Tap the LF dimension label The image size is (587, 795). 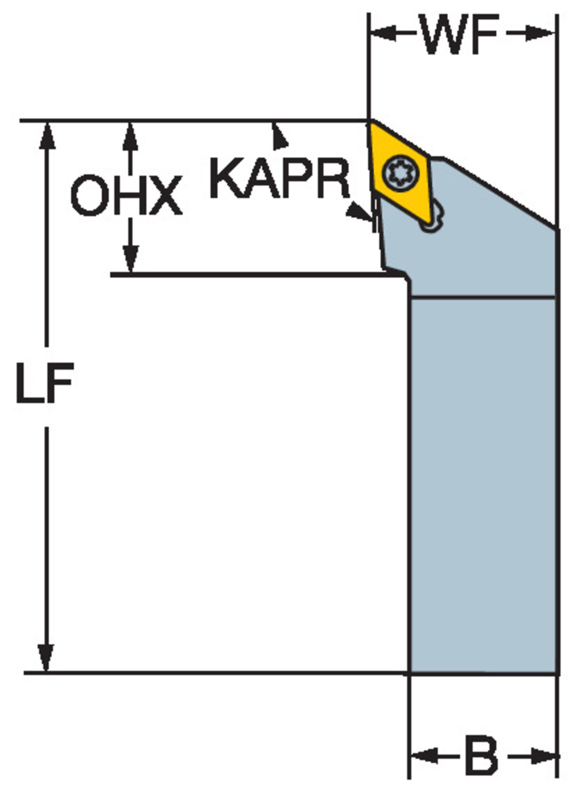pyautogui.click(x=46, y=382)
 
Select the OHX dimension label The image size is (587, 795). pyautogui.click(x=127, y=196)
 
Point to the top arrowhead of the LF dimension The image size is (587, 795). pyautogui.click(x=47, y=135)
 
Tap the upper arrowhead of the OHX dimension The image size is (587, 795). pyautogui.click(x=130, y=136)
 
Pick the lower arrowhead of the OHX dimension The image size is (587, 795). pyautogui.click(x=130, y=259)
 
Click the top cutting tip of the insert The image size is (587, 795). pyautogui.click(x=370, y=122)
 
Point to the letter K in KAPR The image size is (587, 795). pyautogui.click(x=227, y=178)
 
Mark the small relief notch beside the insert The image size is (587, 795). pyautogui.click(x=432, y=217)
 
